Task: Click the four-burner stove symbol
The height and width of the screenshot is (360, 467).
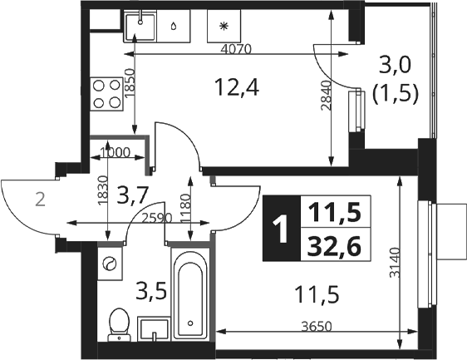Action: [x=106, y=94]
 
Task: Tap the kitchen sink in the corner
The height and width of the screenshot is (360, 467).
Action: [x=140, y=26]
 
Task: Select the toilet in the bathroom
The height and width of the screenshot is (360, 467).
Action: [x=120, y=325]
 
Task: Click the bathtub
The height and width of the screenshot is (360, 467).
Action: [x=190, y=293]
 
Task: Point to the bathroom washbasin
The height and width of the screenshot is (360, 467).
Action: [x=154, y=328]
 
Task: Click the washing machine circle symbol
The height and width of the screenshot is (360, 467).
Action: [x=110, y=264]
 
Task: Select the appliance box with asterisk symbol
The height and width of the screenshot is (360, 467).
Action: [x=224, y=26]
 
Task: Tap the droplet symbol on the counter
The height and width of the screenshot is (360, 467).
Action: [x=174, y=27]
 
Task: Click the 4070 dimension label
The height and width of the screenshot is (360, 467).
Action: [x=236, y=49]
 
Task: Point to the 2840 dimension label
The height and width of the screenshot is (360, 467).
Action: [x=327, y=96]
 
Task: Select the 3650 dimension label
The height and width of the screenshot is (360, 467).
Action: [x=317, y=327]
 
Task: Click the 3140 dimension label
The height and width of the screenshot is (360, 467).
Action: [x=396, y=263]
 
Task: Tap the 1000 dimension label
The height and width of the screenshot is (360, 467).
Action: [x=115, y=153]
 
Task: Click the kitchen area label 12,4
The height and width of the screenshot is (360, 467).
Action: [x=238, y=87]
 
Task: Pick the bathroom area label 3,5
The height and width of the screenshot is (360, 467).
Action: [x=150, y=292]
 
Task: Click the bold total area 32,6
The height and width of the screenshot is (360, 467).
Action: [x=334, y=246]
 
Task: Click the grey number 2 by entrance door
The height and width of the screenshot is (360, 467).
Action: [x=40, y=200]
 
